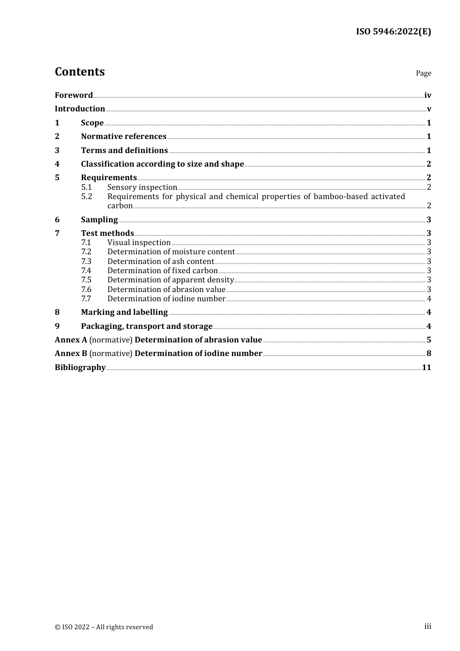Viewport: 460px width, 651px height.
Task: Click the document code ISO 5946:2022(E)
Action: pos(393,31)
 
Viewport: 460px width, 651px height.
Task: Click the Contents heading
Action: pos(79,72)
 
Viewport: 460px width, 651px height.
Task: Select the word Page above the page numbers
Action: pos(423,73)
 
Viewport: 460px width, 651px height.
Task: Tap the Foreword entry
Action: pos(74,95)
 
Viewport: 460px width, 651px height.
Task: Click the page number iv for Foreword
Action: pos(428,95)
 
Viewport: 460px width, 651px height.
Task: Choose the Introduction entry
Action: pos(80,108)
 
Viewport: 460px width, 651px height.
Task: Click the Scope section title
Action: pos(92,123)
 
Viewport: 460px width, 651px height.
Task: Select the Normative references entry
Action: pos(123,136)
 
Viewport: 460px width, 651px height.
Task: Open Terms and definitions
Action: pos(124,150)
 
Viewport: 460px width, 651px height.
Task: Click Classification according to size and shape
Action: pos(162,164)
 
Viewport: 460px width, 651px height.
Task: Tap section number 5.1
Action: pos(86,187)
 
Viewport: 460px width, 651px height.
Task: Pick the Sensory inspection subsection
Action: pos(142,187)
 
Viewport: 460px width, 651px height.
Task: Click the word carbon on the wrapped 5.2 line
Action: pos(120,206)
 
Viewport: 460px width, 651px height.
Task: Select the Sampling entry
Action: pos(99,219)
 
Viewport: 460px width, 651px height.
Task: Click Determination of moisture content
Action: pos(171,252)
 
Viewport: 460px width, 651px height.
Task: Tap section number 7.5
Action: pos(86,280)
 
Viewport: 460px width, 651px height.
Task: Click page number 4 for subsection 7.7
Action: pos(429,299)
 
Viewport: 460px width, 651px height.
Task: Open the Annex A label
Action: pos(71,340)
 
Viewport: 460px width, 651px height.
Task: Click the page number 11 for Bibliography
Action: pos(426,367)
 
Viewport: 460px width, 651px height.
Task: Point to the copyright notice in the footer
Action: pos(104,627)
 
